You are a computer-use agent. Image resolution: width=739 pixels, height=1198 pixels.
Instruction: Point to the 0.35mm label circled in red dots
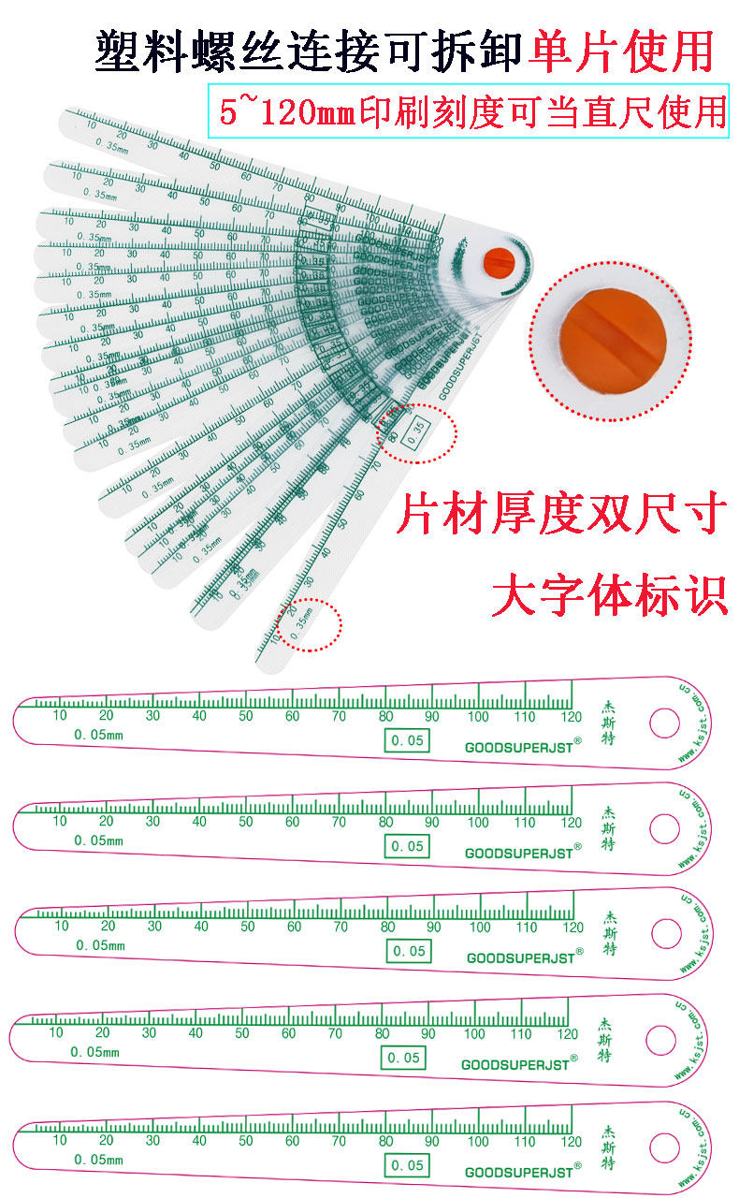point(307,625)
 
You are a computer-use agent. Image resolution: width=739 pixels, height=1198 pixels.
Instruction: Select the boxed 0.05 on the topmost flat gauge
point(407,741)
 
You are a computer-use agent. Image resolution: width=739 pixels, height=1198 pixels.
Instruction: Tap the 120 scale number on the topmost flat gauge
point(571,716)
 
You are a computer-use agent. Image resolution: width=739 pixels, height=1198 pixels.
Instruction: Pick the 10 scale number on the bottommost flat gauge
point(60,1140)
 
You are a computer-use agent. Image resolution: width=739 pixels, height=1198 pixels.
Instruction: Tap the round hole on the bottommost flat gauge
point(664,1146)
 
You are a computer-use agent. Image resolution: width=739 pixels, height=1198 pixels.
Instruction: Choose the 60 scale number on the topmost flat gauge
point(293,716)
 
